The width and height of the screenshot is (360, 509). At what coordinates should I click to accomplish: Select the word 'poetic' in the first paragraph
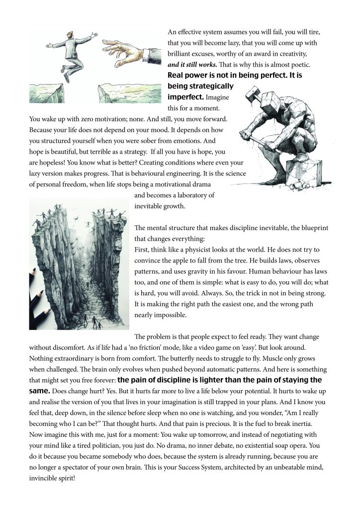coord(312,65)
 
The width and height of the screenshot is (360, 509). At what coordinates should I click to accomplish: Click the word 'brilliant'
coord(183,54)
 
